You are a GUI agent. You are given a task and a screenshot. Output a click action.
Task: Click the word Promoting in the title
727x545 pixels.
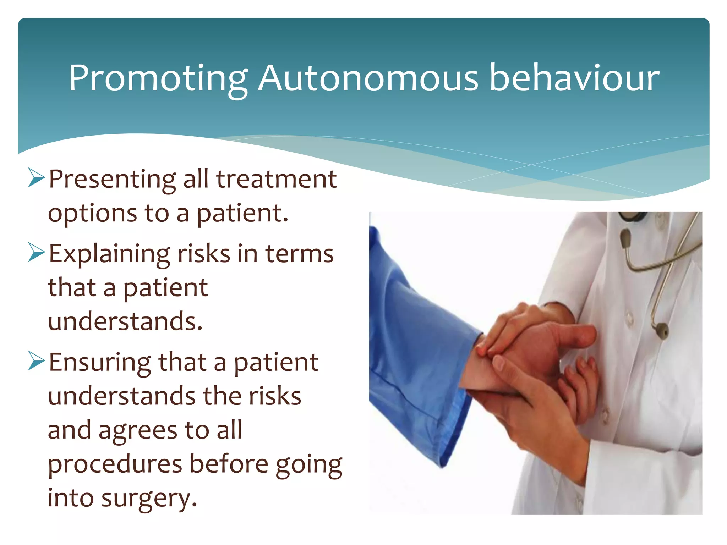158,79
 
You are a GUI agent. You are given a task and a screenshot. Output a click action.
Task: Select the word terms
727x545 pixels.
299,254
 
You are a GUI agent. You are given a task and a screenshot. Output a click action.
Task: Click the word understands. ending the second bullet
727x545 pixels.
125,321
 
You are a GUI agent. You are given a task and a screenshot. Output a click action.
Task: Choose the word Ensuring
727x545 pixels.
100,363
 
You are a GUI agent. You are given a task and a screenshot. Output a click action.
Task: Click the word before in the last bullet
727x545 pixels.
229,464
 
